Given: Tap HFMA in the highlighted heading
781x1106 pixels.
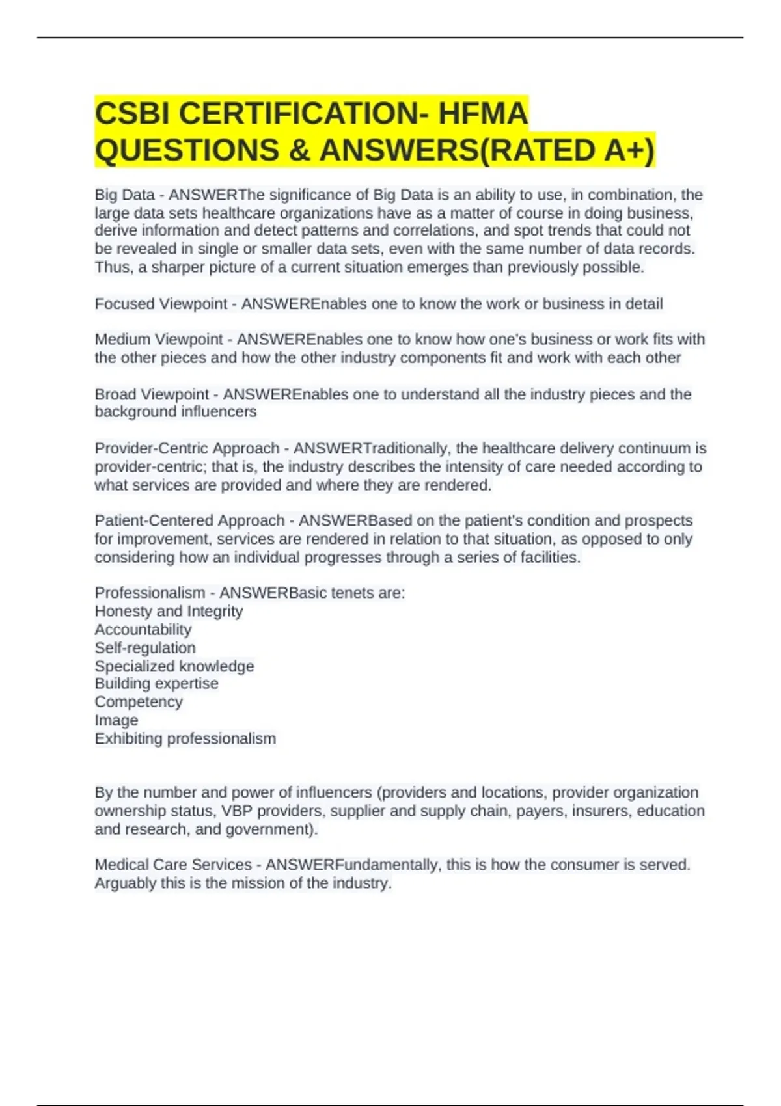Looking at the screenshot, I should (482, 114).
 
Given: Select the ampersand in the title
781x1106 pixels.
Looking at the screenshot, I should (296, 150).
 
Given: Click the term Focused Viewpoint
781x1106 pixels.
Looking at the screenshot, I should (161, 304).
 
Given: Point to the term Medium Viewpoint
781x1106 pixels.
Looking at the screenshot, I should (159, 340).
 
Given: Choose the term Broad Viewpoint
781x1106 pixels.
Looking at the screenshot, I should (152, 394).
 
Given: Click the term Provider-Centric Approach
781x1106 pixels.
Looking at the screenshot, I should (187, 448).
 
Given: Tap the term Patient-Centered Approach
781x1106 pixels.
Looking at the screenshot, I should (189, 520).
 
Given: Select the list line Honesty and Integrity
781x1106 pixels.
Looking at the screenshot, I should (169, 611).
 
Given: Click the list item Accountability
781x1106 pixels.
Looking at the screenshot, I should (143, 629).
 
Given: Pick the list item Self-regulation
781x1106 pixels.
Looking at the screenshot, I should (145, 647).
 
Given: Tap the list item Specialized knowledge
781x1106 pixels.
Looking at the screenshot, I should (174, 666).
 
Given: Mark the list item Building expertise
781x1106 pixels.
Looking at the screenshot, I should (156, 683).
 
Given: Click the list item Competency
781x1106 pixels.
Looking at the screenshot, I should (139, 701).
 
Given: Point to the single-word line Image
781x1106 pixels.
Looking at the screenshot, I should (116, 720).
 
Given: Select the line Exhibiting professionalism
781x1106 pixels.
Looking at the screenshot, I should (185, 738).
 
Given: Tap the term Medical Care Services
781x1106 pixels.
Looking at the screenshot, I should (173, 865).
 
